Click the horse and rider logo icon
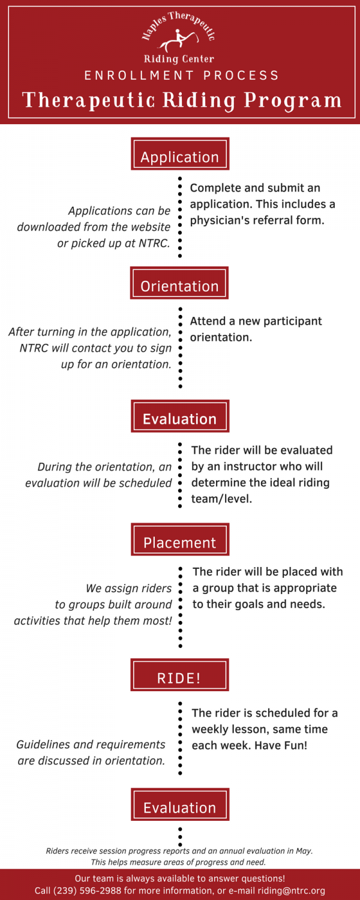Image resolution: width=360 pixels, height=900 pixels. pyautogui.click(x=178, y=40)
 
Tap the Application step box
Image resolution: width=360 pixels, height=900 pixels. pyautogui.click(x=180, y=154)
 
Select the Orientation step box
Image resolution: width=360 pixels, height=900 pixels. pyautogui.click(x=179, y=283)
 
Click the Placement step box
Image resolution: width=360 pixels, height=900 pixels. pyautogui.click(x=180, y=539)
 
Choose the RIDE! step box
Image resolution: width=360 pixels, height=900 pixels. pyautogui.click(x=179, y=674)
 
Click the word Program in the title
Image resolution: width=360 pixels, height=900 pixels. pyautogui.click(x=293, y=100)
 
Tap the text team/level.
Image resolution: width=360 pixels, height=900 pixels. pyautogui.click(x=222, y=499)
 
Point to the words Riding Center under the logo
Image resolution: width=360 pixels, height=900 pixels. pyautogui.click(x=179, y=59)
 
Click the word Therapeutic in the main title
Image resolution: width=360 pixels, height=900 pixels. pyautogui.click(x=88, y=100)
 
